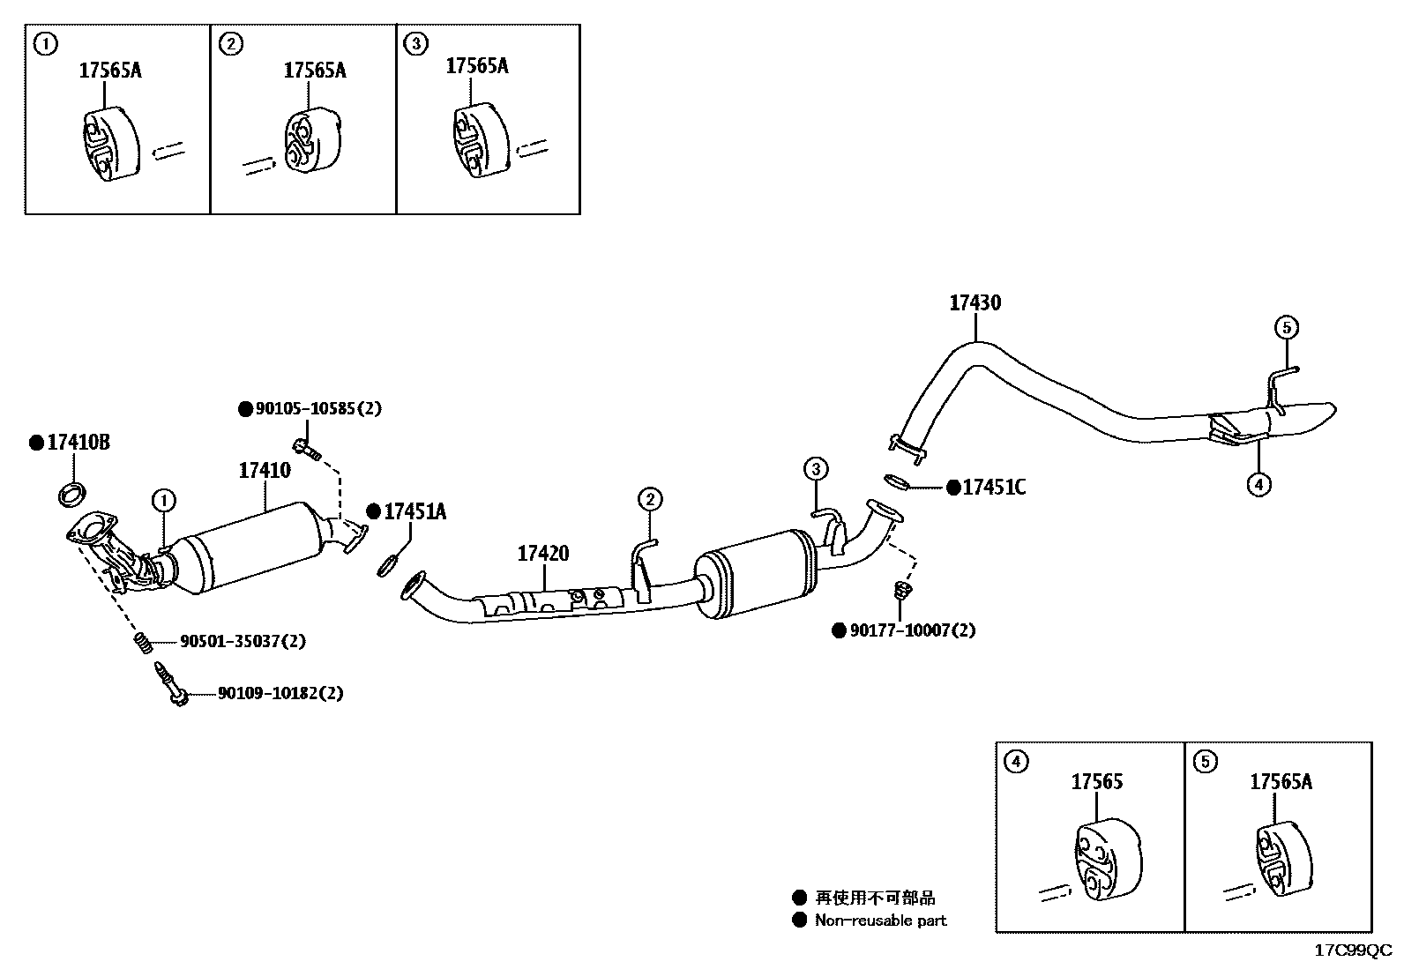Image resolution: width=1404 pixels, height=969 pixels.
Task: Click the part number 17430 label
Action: click(975, 303)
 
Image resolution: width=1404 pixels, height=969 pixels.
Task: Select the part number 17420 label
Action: click(542, 554)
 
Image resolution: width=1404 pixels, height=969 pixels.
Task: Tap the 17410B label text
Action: click(78, 443)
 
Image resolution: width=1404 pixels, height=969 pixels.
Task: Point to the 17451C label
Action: click(994, 488)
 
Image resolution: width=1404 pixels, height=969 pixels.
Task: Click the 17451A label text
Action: click(414, 511)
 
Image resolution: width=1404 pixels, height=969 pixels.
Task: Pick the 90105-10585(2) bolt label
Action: click(317, 409)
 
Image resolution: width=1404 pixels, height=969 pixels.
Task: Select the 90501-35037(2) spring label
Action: click(243, 641)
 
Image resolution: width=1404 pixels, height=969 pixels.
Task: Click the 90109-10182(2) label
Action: click(280, 693)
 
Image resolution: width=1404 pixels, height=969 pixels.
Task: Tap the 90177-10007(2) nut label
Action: click(913, 630)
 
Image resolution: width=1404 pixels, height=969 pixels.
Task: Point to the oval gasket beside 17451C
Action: click(895, 481)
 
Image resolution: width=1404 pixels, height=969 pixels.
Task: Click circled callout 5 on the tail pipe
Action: click(1286, 328)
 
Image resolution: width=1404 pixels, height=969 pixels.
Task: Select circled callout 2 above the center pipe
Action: click(649, 500)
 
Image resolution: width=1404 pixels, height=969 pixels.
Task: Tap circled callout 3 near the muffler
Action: click(816, 468)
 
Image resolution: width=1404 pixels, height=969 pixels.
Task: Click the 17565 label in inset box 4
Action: click(1097, 782)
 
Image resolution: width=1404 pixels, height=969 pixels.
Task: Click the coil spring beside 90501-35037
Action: click(143, 644)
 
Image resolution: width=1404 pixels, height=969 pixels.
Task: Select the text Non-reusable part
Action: click(880, 921)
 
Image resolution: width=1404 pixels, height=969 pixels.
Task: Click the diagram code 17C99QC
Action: click(1353, 950)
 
